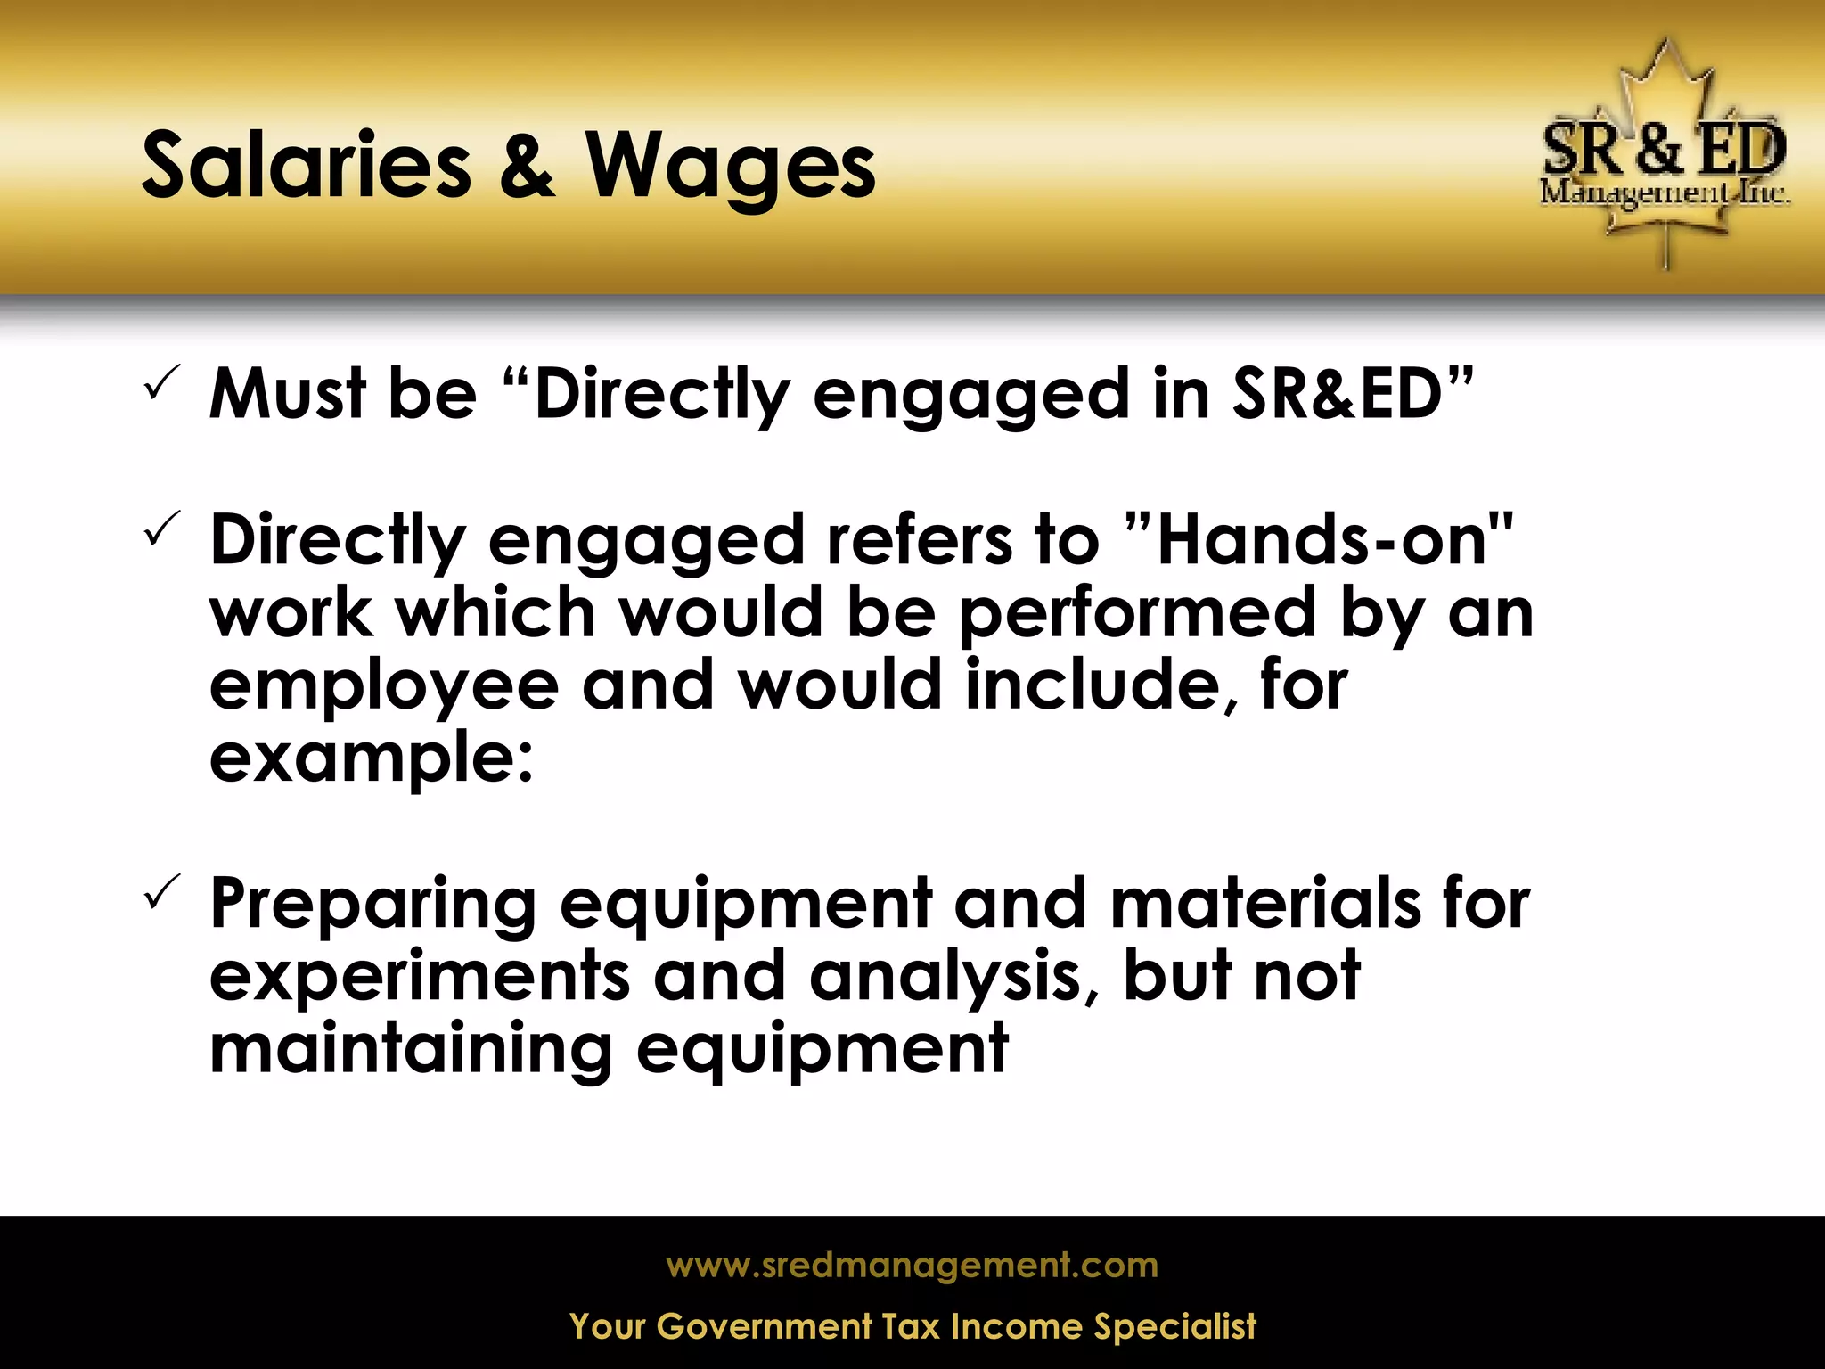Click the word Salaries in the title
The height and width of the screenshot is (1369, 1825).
coord(306,165)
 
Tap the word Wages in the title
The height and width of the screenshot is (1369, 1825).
coord(730,167)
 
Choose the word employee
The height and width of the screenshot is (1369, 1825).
coord(384,686)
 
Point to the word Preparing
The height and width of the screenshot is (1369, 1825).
coord(372,904)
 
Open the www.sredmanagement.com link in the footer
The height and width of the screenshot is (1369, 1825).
coord(912,1265)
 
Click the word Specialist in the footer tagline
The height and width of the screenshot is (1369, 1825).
coord(1174,1326)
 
